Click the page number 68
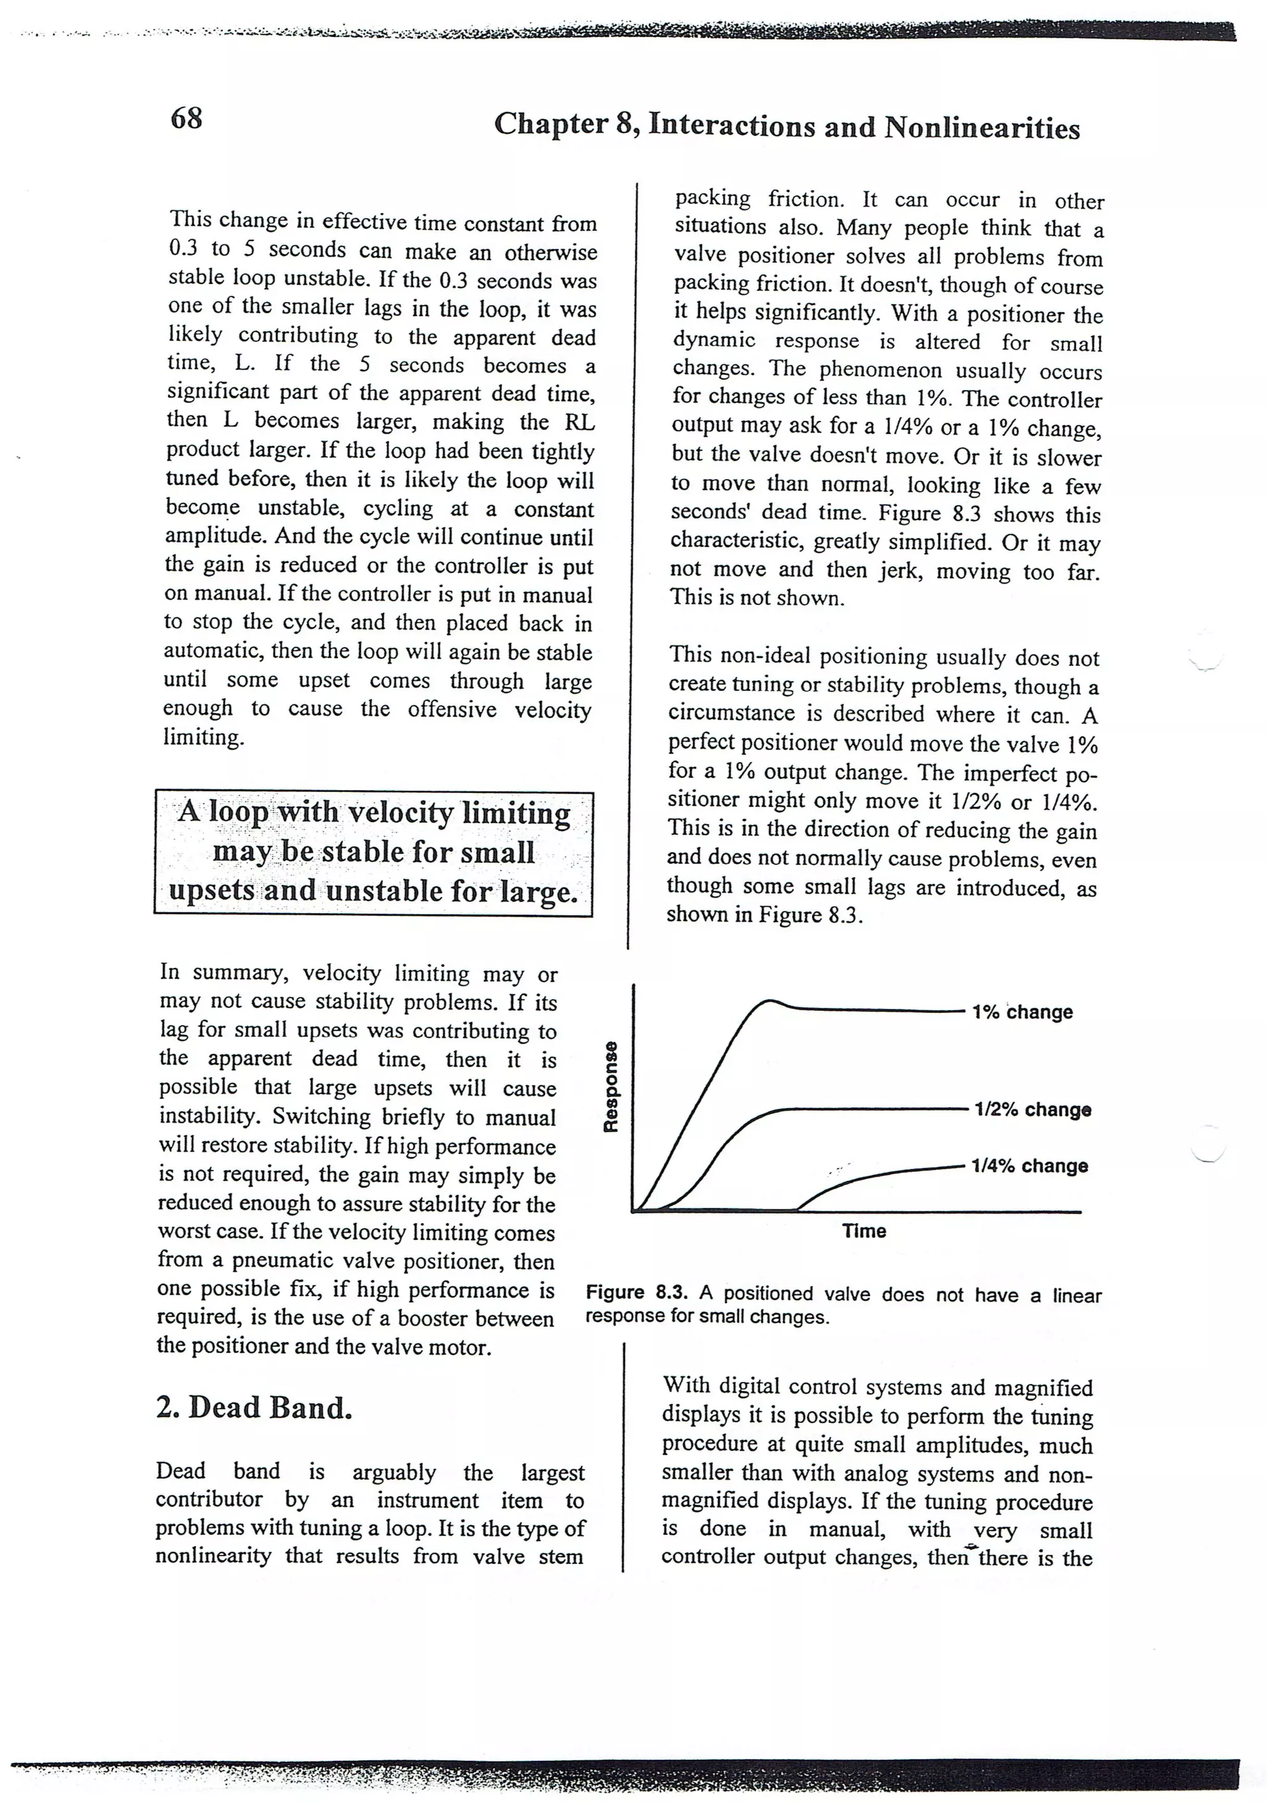[186, 119]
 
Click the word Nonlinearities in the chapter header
[981, 128]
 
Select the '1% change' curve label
[1021, 1012]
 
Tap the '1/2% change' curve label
[1033, 1110]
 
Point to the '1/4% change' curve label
[1029, 1165]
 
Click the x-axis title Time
[864, 1231]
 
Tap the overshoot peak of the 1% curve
[770, 1000]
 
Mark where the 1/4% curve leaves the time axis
[798, 1210]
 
